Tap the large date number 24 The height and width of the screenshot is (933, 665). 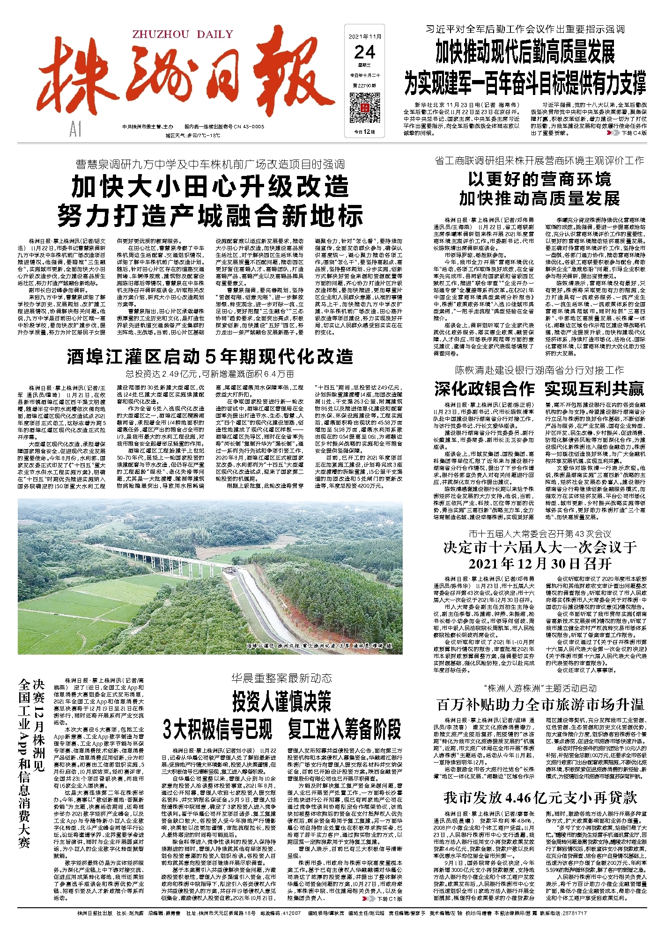pos(364,51)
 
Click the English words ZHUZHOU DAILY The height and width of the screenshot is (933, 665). pos(183,34)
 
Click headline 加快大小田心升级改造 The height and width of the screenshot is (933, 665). pos(210,187)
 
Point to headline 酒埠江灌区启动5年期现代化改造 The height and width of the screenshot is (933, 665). pos(210,357)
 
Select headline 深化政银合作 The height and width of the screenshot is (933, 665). pos(484,389)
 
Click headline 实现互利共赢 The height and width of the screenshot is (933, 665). pos(594,389)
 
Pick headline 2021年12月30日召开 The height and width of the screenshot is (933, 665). pos(540,563)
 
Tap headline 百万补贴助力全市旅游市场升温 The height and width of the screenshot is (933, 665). pos(540,704)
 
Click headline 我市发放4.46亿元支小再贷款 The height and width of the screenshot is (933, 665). pos(540,797)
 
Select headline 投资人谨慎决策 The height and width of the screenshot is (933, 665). pos(281,701)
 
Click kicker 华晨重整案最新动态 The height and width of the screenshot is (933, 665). pos(281,678)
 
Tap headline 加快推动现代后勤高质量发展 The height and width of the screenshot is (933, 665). pos(525,52)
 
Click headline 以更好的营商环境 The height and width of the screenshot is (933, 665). pos(539,179)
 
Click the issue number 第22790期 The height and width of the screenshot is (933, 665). pos(364,86)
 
